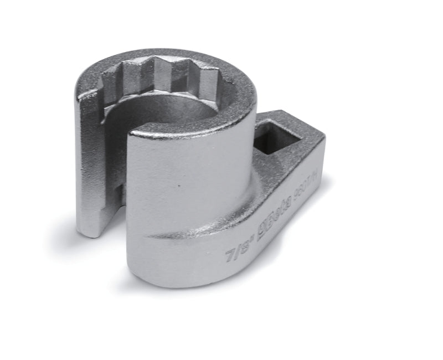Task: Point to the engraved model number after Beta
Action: tap(303, 195)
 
